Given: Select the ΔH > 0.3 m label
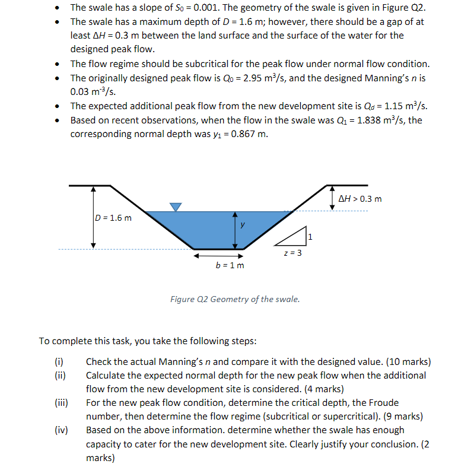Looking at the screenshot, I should (x=360, y=198).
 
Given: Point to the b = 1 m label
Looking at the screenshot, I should (x=230, y=265).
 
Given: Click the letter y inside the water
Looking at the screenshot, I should (x=242, y=224).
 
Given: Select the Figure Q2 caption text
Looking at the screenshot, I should (x=235, y=299).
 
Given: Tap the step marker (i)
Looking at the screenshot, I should (x=59, y=361).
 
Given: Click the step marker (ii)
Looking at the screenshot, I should (x=59, y=375).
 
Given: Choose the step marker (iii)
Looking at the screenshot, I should (x=61, y=402).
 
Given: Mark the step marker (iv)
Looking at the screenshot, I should (x=61, y=430).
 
